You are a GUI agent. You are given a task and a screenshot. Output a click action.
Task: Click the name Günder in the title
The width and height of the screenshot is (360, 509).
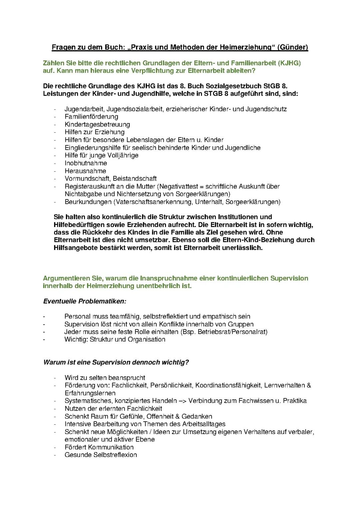click(x=294, y=47)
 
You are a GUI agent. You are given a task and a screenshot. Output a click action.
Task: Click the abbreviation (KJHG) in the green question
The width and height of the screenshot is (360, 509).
click(x=289, y=63)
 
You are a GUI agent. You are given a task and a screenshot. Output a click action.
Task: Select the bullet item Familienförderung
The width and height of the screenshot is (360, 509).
click(x=91, y=117)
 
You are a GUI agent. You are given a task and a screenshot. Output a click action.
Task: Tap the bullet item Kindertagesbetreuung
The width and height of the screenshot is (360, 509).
click(x=97, y=124)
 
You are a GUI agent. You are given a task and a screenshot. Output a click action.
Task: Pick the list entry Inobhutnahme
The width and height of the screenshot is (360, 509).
click(x=86, y=163)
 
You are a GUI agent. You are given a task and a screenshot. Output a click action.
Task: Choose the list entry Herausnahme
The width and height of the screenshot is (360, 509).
click(x=85, y=171)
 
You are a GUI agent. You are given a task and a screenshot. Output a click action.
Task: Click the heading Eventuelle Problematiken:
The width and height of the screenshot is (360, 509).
click(x=85, y=301)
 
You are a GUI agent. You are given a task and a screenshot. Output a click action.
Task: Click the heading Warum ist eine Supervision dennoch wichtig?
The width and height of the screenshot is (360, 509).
click(x=116, y=362)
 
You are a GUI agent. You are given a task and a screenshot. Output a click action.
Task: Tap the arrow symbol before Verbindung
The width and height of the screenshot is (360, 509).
click(x=182, y=401)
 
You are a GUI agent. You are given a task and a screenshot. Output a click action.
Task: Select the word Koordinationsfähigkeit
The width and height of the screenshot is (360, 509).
click(x=228, y=385)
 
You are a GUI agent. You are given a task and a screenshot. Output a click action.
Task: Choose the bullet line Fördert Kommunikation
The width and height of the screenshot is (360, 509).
click(x=99, y=447)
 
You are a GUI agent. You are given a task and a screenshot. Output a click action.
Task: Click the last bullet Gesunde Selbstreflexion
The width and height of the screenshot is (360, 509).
click(x=101, y=455)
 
